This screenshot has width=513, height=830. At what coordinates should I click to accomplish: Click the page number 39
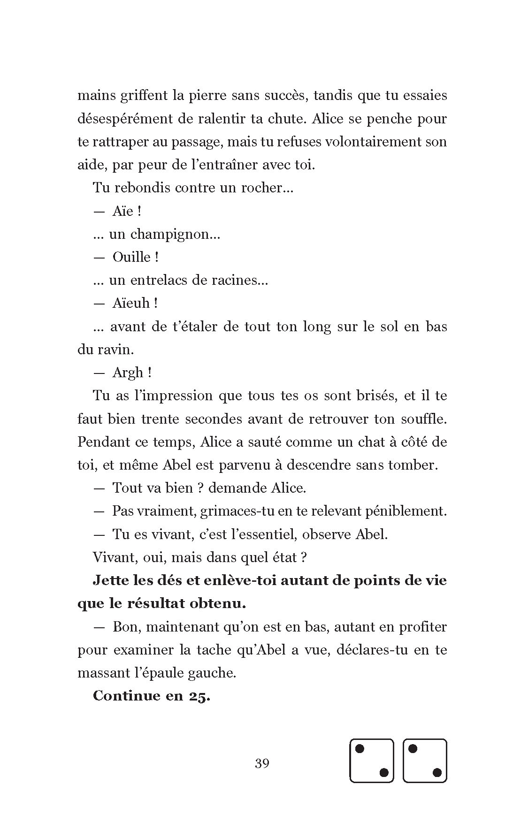262,763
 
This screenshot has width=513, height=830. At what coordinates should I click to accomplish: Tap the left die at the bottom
371,761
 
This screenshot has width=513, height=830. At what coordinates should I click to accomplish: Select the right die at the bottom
425,761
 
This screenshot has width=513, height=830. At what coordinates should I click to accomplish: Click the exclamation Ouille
132,257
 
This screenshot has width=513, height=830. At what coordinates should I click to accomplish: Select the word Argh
128,373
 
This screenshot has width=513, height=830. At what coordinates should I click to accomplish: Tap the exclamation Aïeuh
131,303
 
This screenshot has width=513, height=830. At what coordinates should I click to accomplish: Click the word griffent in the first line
144,96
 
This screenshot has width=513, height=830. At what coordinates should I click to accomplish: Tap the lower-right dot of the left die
383,772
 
